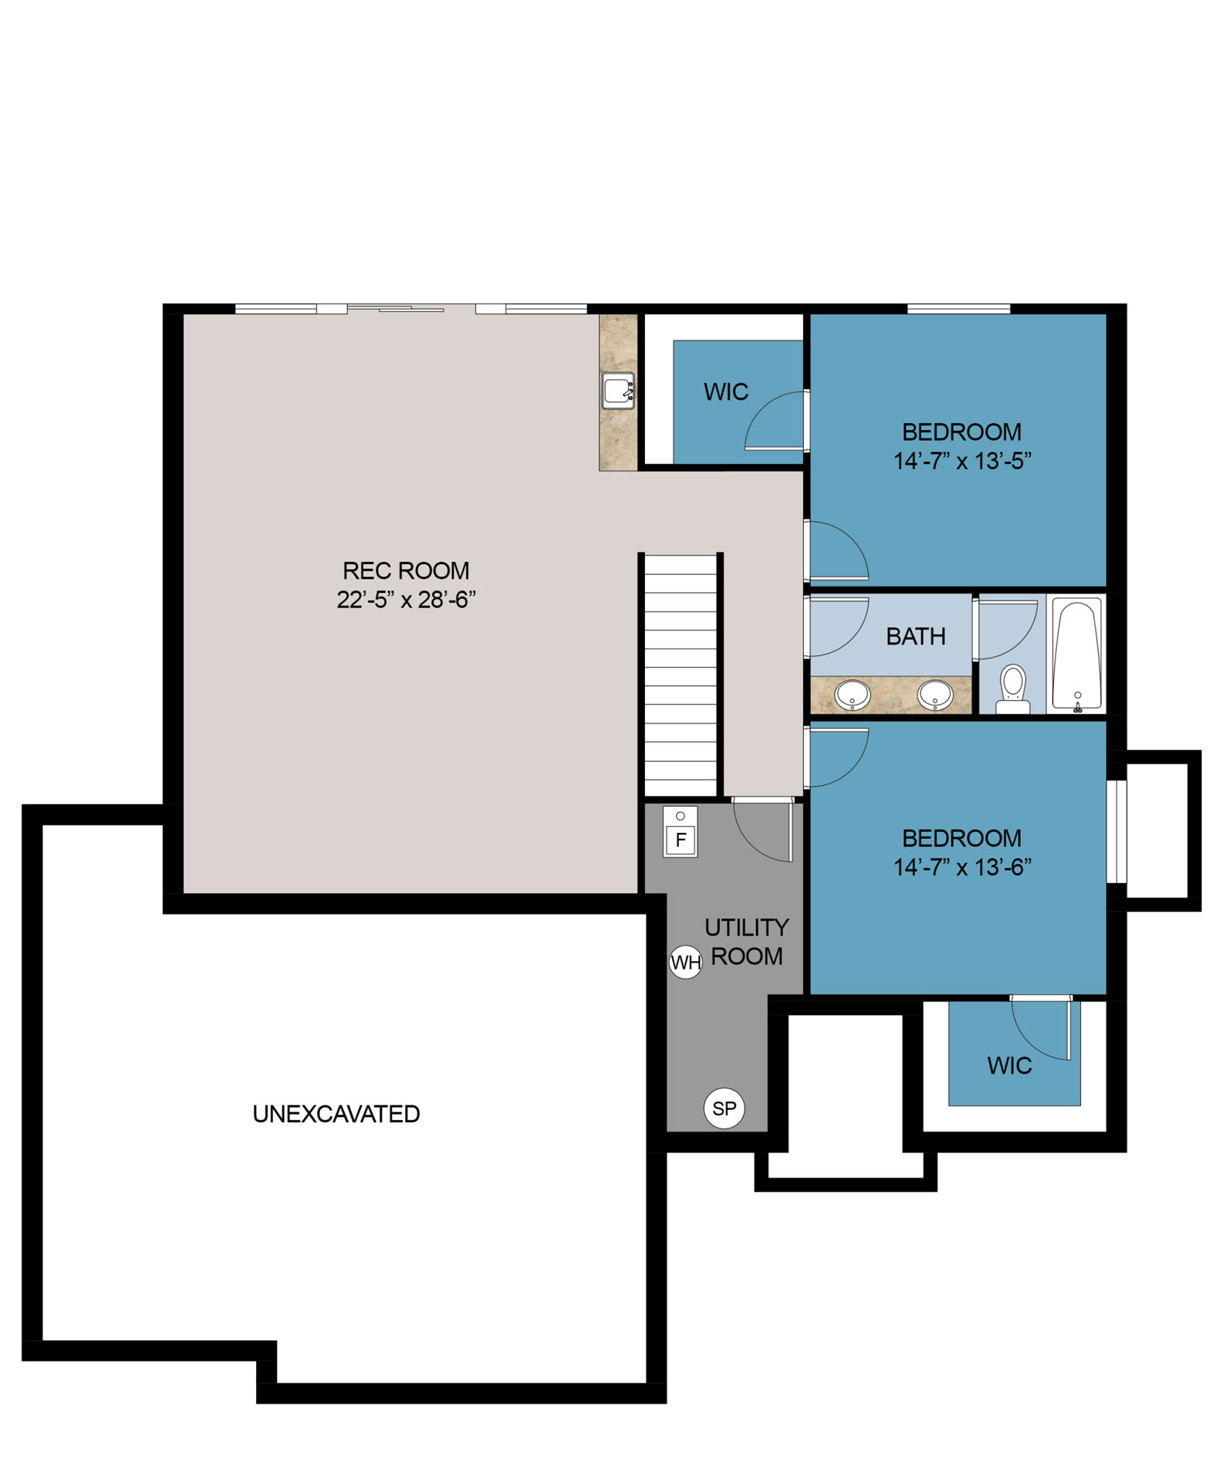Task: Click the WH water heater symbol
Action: click(685, 962)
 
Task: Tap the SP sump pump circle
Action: click(724, 1108)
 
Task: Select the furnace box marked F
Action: click(680, 831)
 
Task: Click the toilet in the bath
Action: click(1012, 689)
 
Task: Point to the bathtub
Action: click(1077, 655)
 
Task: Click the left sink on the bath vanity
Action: click(853, 695)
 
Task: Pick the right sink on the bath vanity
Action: click(935, 695)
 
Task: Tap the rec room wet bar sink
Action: click(618, 391)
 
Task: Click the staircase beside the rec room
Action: click(680, 675)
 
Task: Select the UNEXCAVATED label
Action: click(336, 1114)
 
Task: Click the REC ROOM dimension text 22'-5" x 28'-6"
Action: click(406, 600)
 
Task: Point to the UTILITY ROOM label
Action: click(746, 941)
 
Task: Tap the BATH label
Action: click(915, 637)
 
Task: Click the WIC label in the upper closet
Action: click(725, 392)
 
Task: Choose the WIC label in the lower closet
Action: click(1009, 1066)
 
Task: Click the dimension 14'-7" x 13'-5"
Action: click(962, 461)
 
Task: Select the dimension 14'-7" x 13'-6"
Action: click(962, 868)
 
